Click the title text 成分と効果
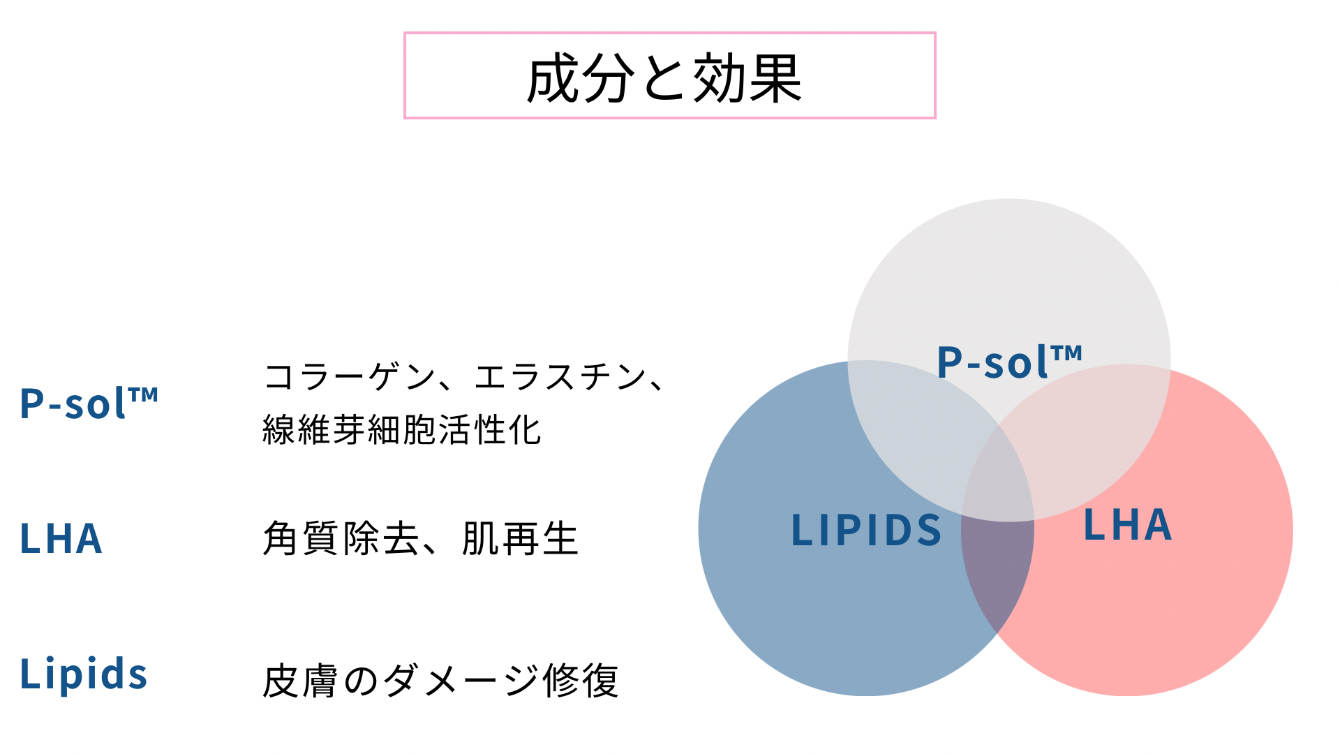click(664, 78)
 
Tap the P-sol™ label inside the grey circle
click(1009, 362)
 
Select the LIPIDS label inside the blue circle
click(866, 529)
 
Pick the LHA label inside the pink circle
click(1127, 525)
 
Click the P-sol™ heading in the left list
click(89, 403)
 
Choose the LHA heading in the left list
click(61, 538)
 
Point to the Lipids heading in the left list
click(84, 673)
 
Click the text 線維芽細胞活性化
click(401, 429)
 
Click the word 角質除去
click(341, 538)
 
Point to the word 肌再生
click(521, 538)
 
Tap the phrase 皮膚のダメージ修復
click(440, 681)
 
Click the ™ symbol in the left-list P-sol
click(144, 395)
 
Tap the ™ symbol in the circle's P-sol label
click(1068, 353)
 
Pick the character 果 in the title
click(775, 78)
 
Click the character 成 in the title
click(553, 78)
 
